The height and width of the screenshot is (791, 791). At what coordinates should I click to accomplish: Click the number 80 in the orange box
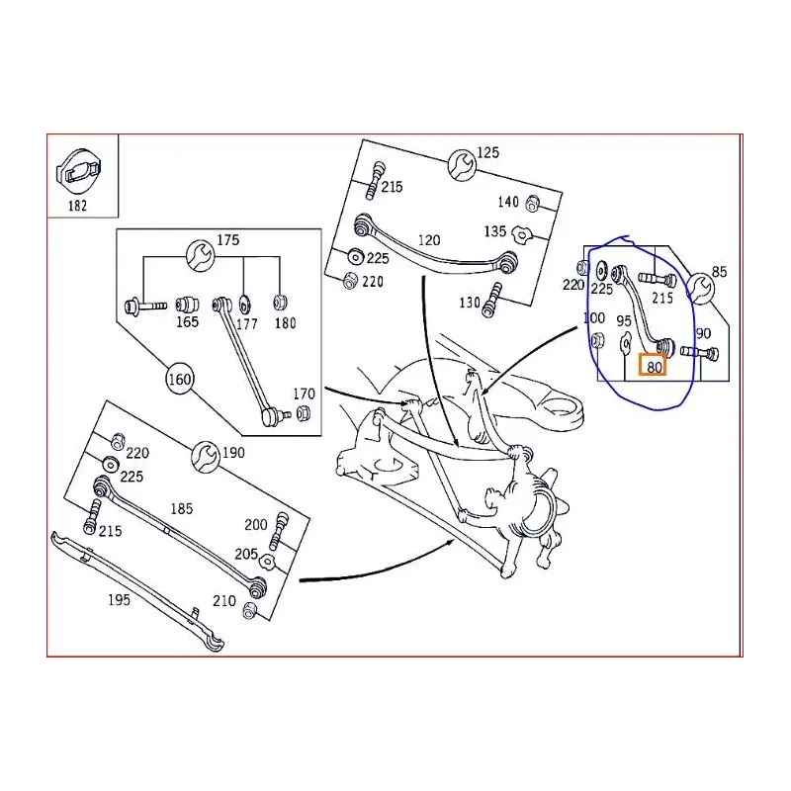[x=654, y=366]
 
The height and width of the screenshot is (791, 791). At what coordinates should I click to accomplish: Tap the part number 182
[x=77, y=206]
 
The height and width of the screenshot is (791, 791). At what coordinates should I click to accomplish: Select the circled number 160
[x=179, y=379]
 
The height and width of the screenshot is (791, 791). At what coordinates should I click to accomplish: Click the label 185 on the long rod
[x=183, y=509]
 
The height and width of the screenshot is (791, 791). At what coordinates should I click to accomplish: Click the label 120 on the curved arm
[x=428, y=240]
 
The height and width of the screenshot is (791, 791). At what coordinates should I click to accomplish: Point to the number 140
[x=507, y=202]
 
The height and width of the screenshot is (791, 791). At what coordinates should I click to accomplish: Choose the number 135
[x=495, y=231]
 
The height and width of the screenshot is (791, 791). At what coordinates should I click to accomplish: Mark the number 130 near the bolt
[x=470, y=303]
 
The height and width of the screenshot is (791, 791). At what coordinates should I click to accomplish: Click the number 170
[x=305, y=394]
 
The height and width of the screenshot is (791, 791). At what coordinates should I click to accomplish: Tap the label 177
[x=246, y=322]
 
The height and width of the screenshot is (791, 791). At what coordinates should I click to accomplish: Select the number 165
[x=187, y=321]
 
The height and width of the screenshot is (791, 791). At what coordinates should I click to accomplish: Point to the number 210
[x=223, y=599]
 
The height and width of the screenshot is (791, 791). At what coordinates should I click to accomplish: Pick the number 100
[x=593, y=318]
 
